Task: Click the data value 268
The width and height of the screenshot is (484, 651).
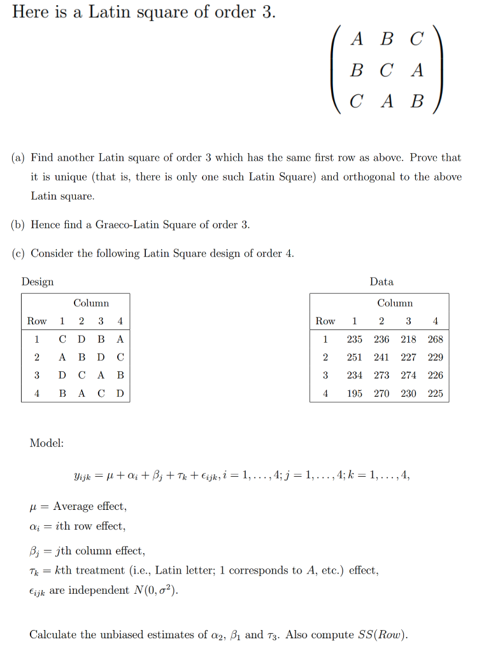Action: tap(436, 339)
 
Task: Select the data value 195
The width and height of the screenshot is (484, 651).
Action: tap(355, 394)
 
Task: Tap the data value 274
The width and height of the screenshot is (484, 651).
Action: tap(409, 376)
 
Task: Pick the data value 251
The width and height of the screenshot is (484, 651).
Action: tap(355, 357)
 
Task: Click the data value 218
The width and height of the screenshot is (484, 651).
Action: tap(409, 339)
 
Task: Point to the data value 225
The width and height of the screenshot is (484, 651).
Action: tap(436, 394)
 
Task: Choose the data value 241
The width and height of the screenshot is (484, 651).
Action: tap(381, 357)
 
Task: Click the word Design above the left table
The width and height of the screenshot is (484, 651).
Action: tap(38, 282)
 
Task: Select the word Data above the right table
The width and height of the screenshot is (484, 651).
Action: tap(381, 282)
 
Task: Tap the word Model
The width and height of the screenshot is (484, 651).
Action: tap(46, 443)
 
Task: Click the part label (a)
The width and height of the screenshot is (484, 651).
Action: tap(19, 157)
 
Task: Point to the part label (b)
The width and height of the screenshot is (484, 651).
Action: tap(19, 224)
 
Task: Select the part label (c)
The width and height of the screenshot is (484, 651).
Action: tap(19, 253)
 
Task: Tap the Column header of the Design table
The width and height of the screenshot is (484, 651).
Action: tap(91, 303)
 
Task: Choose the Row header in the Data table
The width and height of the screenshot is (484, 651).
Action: tap(325, 321)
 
